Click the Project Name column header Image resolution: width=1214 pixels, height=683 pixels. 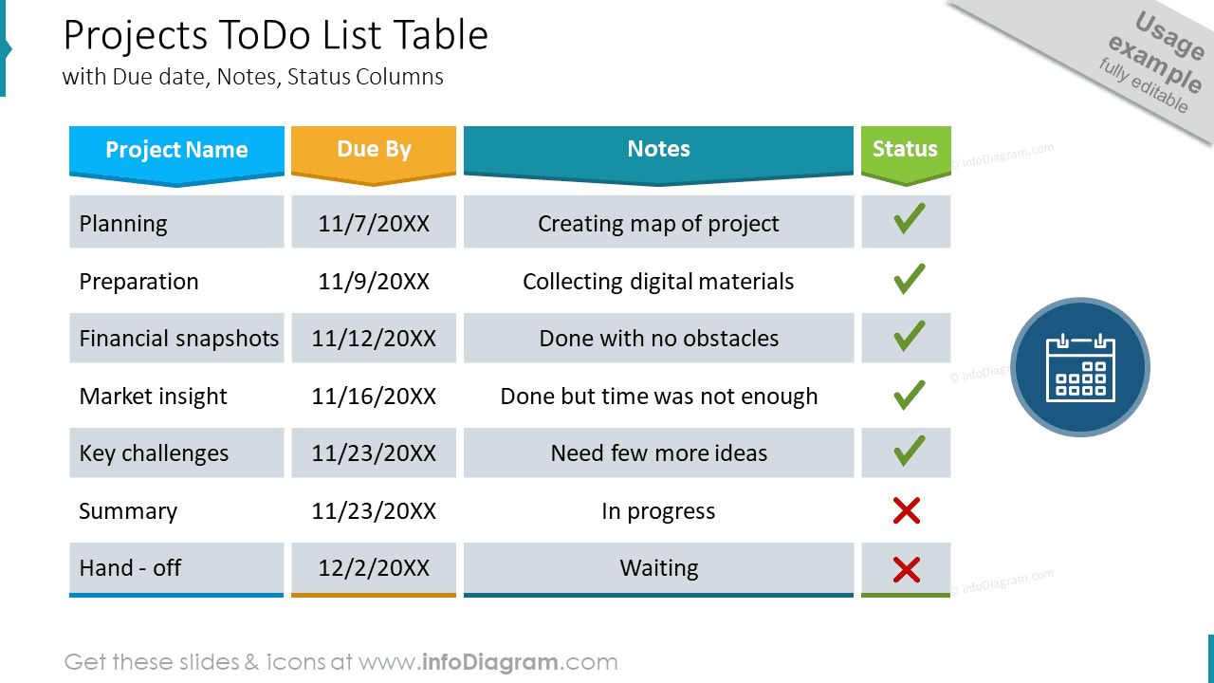click(x=176, y=155)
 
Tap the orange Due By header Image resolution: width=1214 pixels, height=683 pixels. click(x=374, y=155)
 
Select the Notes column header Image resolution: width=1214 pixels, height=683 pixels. click(x=658, y=155)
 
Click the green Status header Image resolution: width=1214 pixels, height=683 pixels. click(x=906, y=155)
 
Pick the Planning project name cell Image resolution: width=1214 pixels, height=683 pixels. click(x=176, y=222)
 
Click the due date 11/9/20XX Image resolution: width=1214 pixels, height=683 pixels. click(x=374, y=282)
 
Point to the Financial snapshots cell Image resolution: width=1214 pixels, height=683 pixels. click(x=176, y=338)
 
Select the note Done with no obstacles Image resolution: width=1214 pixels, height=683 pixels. click(x=658, y=339)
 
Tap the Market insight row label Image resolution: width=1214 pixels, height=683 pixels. click(x=153, y=397)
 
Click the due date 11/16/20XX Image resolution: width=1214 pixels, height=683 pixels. click(x=374, y=397)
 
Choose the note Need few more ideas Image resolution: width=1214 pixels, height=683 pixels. click(x=658, y=453)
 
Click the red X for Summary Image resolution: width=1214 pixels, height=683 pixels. click(x=907, y=510)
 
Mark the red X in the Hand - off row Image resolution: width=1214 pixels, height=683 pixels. click(x=907, y=570)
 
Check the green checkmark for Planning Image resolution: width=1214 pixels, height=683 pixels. click(x=909, y=219)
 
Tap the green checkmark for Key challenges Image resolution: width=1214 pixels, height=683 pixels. click(x=909, y=451)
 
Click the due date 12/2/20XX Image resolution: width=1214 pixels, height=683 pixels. click(x=374, y=568)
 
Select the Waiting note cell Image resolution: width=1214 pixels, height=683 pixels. click(x=658, y=568)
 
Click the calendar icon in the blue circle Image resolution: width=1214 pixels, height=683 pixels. click(x=1080, y=367)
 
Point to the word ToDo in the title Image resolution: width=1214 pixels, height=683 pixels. click(x=265, y=35)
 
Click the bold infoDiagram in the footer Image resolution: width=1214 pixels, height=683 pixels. click(x=490, y=662)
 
